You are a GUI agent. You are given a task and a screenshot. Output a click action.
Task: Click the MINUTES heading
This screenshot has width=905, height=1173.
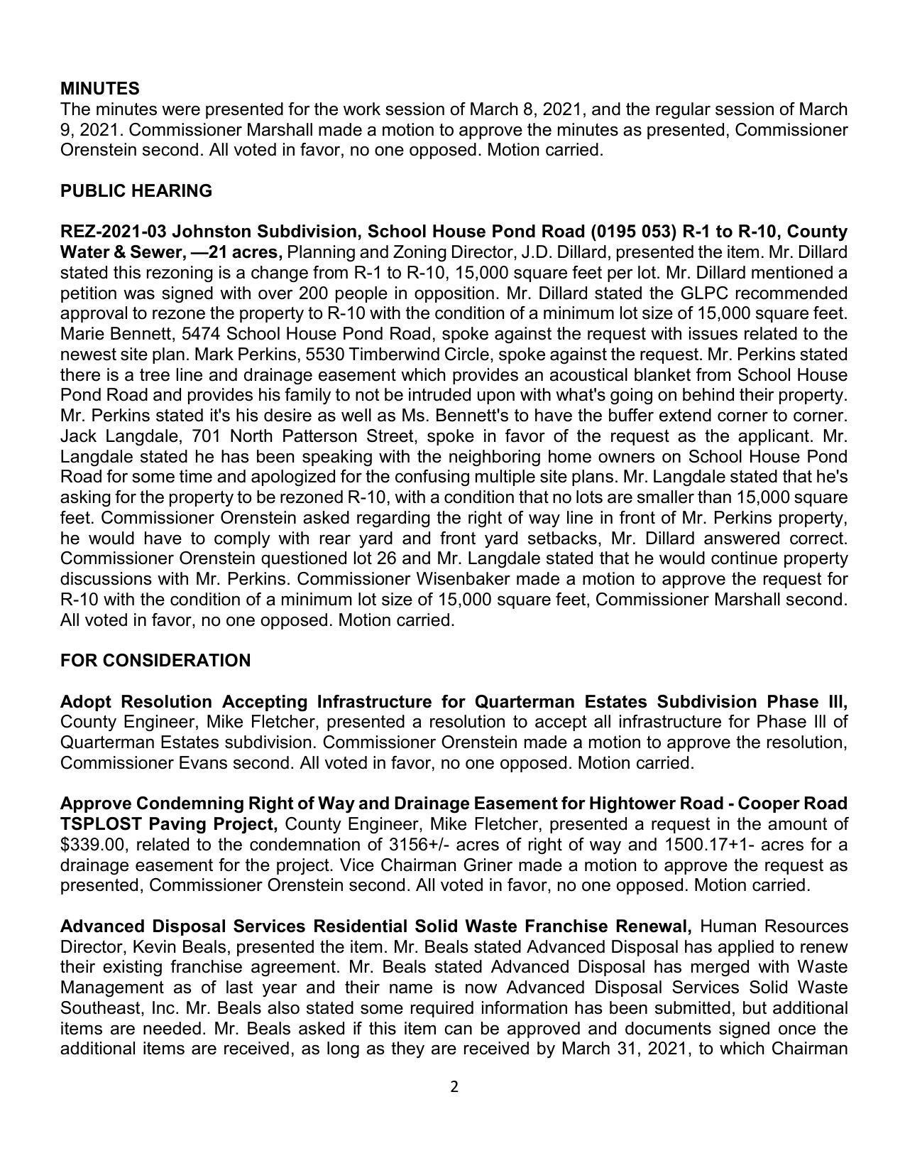pyautogui.click(x=99, y=89)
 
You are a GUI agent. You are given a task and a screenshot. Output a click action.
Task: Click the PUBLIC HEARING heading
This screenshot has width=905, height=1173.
pyautogui.click(x=136, y=191)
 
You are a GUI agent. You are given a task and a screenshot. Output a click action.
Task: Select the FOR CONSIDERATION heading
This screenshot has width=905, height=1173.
pyautogui.click(x=155, y=661)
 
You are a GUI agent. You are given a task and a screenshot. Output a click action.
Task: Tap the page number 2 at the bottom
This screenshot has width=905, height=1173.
pyautogui.click(x=454, y=1087)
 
